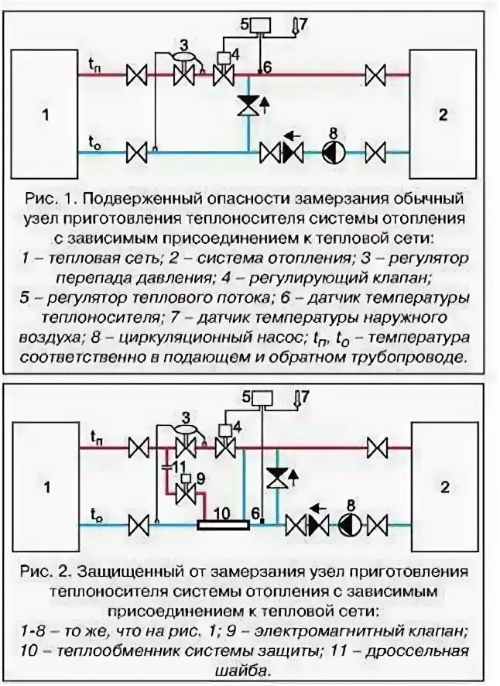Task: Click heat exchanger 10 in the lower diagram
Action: [x=223, y=524]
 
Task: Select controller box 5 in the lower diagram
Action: [x=259, y=398]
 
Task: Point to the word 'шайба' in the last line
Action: [x=246, y=668]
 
